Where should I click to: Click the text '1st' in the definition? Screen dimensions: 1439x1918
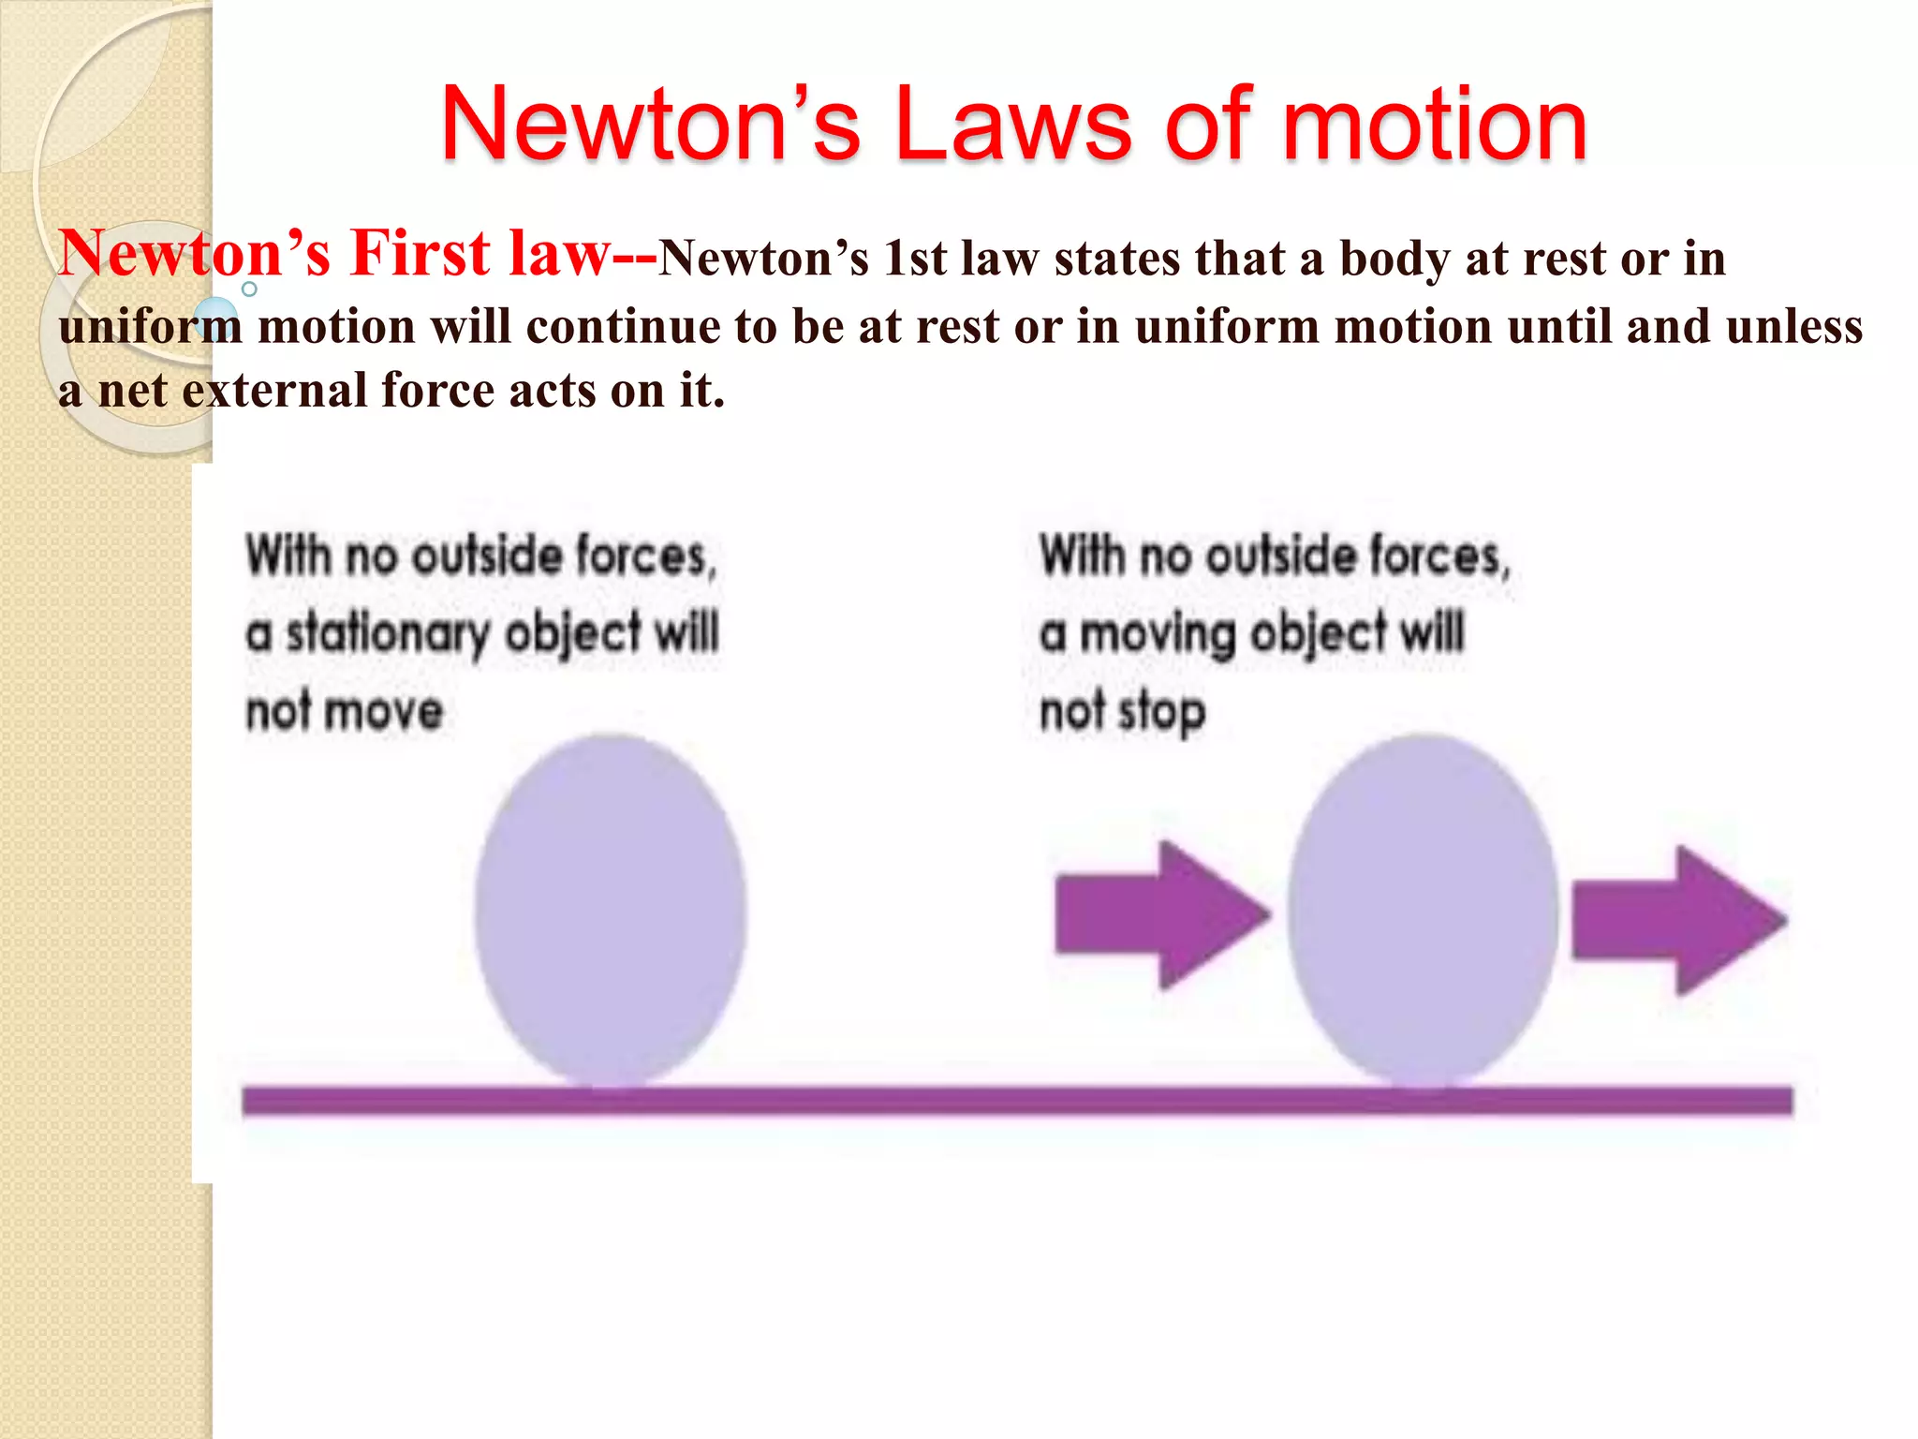(x=915, y=259)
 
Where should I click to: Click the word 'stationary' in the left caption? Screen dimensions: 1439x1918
(x=387, y=634)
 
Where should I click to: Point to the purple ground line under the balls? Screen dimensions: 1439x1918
(x=1016, y=1100)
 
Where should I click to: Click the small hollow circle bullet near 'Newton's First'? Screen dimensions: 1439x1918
(x=249, y=289)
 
